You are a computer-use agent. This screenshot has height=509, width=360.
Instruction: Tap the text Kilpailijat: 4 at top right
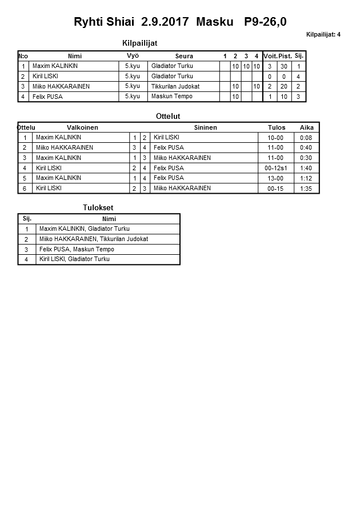tap(323, 35)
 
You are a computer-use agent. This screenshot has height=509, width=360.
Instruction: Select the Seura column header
tap(184, 56)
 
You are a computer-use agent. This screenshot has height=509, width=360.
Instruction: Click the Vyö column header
tap(133, 55)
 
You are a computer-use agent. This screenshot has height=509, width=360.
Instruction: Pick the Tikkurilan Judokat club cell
tap(175, 86)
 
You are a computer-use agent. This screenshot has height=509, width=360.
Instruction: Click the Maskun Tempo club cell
tap(171, 97)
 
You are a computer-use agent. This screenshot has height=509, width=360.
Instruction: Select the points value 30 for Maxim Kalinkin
tap(284, 66)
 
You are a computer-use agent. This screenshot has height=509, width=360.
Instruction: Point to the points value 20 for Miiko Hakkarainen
tap(284, 86)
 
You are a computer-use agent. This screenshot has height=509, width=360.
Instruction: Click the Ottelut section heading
tap(168, 117)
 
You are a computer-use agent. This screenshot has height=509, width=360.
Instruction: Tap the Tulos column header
tap(277, 127)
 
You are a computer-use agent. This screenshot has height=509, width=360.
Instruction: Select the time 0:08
tap(306, 138)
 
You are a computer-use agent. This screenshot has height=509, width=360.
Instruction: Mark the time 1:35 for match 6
tap(306, 188)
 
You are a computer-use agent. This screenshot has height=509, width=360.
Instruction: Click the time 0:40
tap(306, 148)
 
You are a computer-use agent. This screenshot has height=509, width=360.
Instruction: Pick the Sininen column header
tap(205, 127)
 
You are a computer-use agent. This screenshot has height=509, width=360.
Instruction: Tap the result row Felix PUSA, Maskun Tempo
tap(77, 250)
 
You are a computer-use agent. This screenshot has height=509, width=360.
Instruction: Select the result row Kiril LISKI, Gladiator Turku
tap(74, 259)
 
